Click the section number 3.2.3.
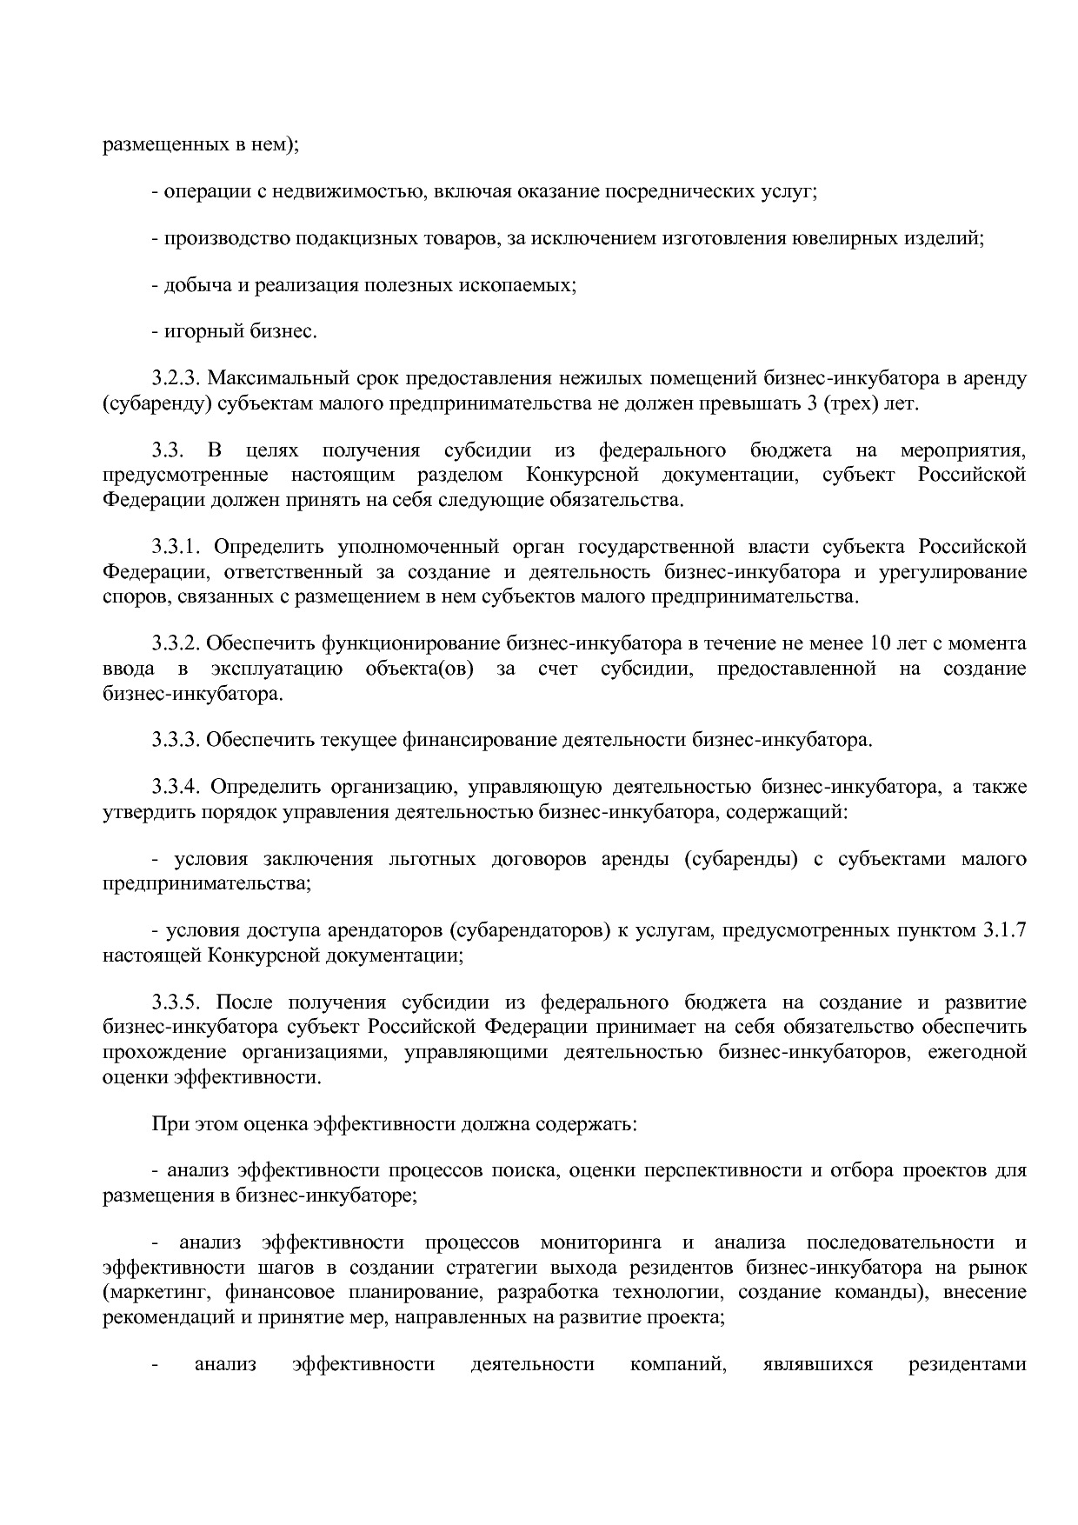tap(176, 379)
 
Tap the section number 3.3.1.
tap(176, 547)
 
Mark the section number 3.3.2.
tap(176, 644)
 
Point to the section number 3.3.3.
tap(176, 741)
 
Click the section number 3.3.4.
tap(176, 788)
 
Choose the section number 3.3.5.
tap(176, 1002)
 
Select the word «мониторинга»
tap(600, 1242)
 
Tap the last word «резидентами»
tap(967, 1364)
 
